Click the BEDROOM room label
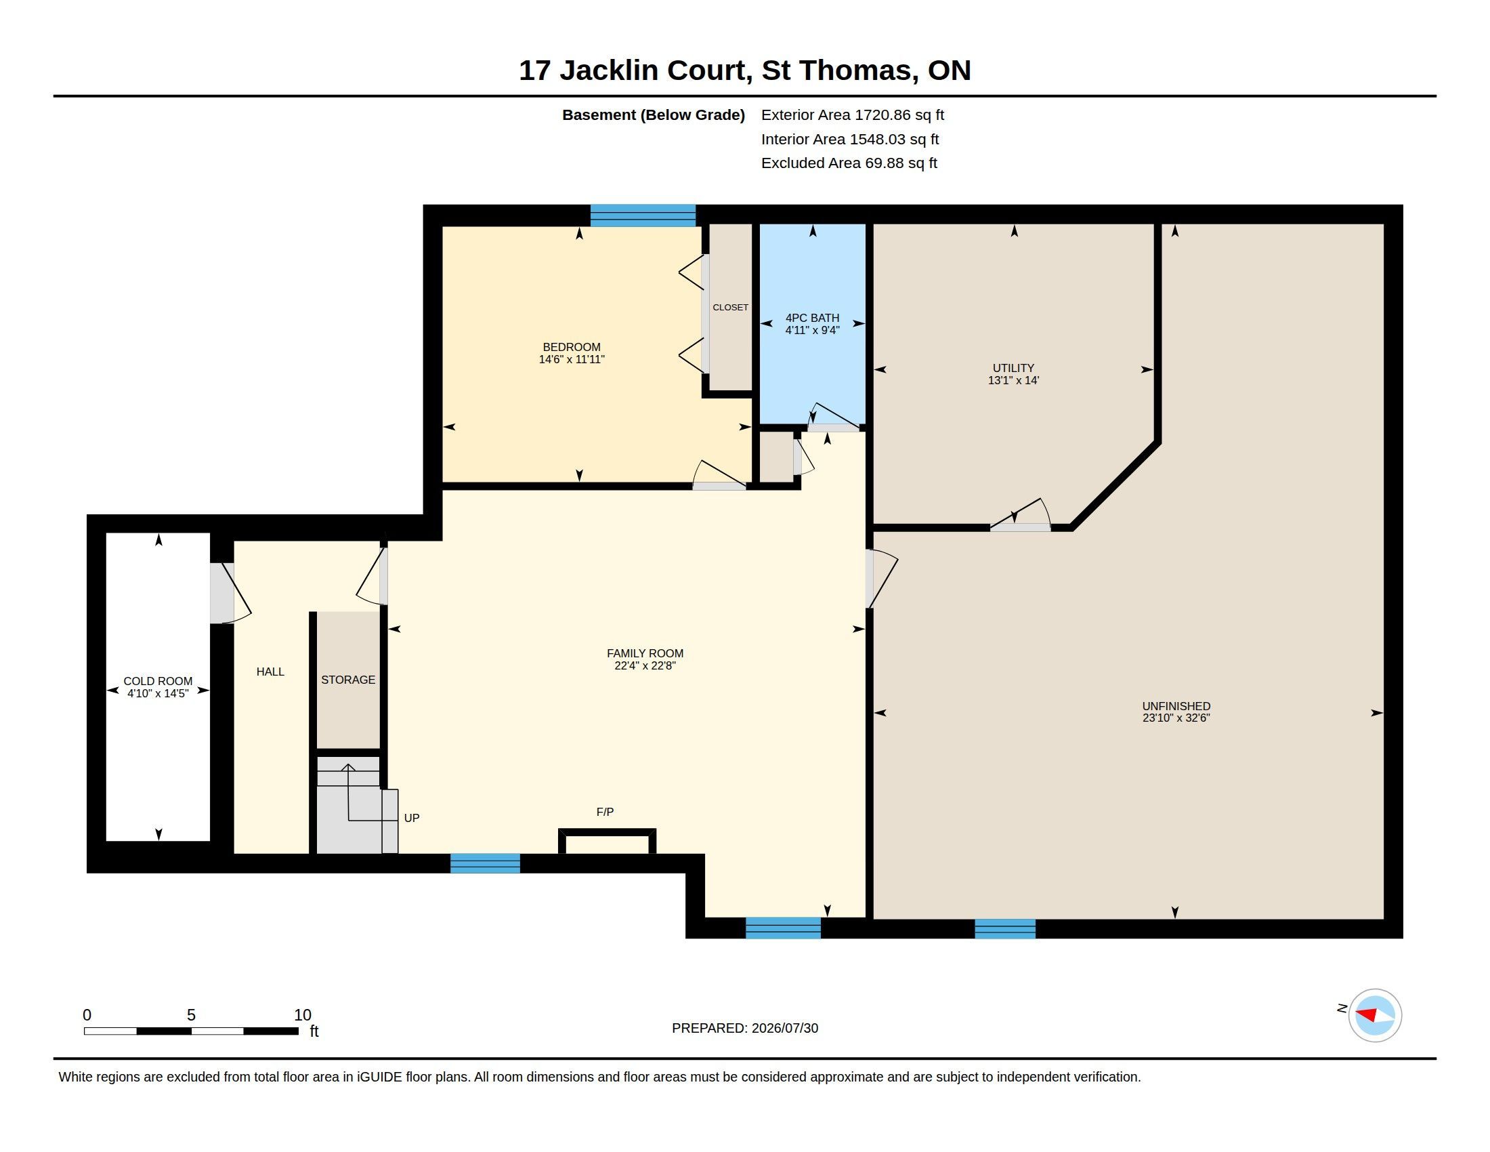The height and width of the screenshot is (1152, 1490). (x=572, y=347)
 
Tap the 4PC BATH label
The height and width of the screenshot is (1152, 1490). (x=812, y=317)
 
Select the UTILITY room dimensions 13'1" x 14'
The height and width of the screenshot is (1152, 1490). (x=1013, y=380)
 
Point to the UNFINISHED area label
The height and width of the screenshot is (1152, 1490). (x=1176, y=705)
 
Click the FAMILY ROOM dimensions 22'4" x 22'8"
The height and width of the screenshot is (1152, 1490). (x=645, y=665)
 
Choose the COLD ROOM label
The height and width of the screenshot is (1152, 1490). (x=158, y=681)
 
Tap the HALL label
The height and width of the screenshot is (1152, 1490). (x=270, y=672)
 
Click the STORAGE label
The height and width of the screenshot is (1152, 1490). (x=348, y=680)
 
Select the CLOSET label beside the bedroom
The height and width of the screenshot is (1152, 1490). (x=730, y=307)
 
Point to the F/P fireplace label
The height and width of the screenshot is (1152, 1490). (x=605, y=811)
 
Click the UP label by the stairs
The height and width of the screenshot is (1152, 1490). (x=411, y=818)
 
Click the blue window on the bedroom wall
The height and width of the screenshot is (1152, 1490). (x=643, y=215)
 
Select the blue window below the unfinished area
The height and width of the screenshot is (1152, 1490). (x=1005, y=928)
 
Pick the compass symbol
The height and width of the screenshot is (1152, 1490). (x=1375, y=1015)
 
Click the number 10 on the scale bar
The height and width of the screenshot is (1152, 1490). (x=303, y=1015)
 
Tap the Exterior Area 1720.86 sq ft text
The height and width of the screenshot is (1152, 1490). (x=853, y=115)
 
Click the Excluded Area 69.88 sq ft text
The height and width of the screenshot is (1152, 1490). (x=849, y=163)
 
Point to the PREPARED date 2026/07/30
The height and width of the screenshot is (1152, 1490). (x=784, y=1028)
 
